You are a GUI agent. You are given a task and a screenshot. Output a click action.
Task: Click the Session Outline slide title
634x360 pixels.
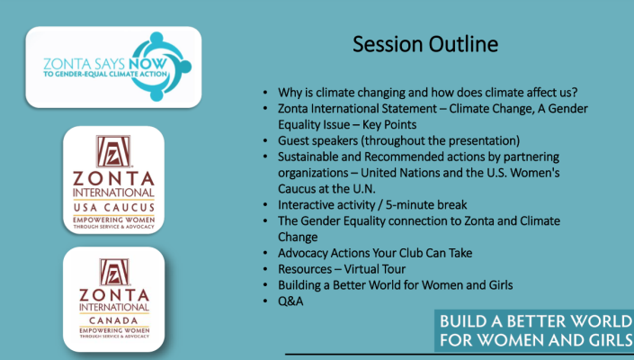pyautogui.click(x=425, y=44)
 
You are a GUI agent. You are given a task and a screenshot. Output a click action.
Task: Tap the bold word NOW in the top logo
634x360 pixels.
pyautogui.click(x=147, y=64)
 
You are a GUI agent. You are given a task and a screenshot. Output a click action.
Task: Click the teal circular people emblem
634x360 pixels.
pyautogui.click(x=160, y=67)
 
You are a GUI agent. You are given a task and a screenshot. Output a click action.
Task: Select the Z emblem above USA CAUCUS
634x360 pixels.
pyautogui.click(x=113, y=151)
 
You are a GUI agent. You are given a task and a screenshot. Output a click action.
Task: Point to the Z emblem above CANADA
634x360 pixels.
pyautogui.click(x=114, y=272)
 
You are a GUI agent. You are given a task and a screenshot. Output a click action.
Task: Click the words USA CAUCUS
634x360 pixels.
pyautogui.click(x=114, y=208)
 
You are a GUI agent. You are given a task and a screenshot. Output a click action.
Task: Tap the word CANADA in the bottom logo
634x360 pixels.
pyautogui.click(x=113, y=320)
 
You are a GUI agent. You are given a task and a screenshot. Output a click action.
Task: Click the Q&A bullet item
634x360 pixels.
pyautogui.click(x=290, y=301)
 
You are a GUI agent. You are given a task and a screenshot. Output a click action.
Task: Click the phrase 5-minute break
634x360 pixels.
pyautogui.click(x=426, y=204)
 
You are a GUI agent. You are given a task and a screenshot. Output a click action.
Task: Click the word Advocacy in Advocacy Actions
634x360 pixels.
pyautogui.click(x=303, y=253)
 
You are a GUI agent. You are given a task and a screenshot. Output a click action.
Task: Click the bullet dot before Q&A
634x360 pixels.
pyautogui.click(x=265, y=301)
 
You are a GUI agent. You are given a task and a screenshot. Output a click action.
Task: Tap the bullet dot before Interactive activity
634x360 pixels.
pyautogui.click(x=265, y=204)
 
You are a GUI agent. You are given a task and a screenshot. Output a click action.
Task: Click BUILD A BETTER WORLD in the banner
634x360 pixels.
pyautogui.click(x=536, y=321)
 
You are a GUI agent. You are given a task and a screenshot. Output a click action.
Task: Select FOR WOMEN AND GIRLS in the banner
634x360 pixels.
pyautogui.click(x=536, y=340)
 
